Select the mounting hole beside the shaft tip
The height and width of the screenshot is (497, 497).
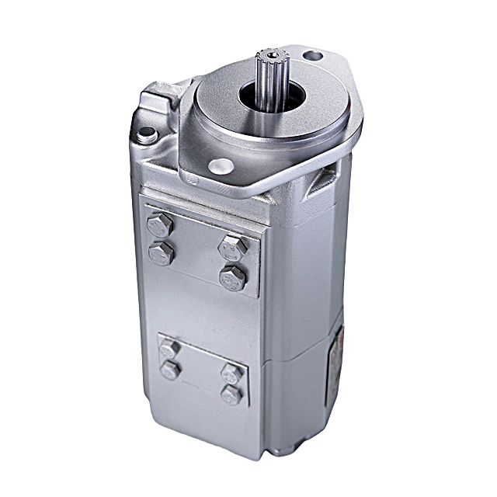[312, 56]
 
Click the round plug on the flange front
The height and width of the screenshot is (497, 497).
[221, 165]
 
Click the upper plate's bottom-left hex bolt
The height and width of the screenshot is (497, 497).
[161, 253]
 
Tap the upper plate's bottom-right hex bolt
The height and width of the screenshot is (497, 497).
[232, 277]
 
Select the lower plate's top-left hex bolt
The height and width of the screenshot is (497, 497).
[169, 349]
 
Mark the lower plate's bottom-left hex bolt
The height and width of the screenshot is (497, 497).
[169, 370]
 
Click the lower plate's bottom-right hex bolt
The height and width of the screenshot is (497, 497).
[231, 394]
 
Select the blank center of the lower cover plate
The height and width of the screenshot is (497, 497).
[200, 371]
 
